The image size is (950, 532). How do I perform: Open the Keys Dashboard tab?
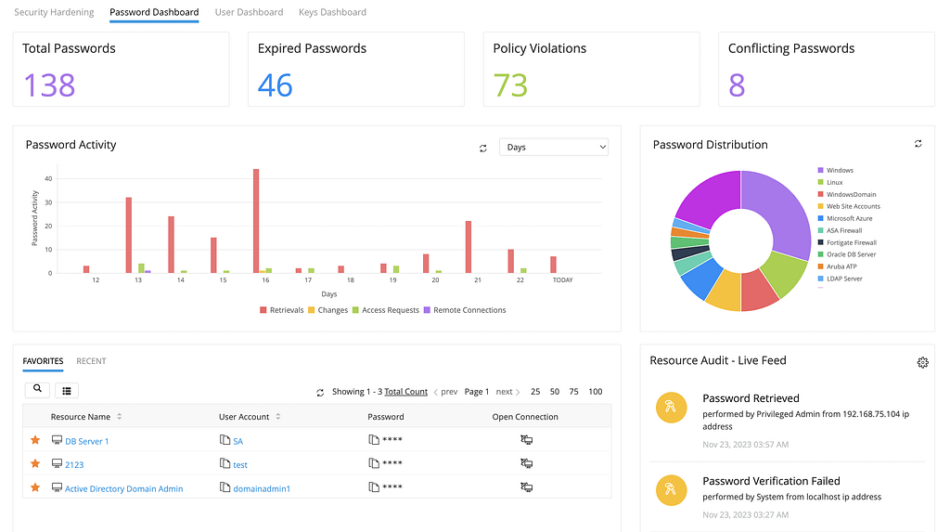(332, 12)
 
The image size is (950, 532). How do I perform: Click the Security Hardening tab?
(54, 12)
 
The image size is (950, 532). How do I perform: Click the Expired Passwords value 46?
(275, 84)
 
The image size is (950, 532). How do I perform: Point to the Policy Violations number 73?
(510, 84)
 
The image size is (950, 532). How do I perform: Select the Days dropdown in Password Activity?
(554, 147)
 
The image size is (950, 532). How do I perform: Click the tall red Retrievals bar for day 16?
(256, 221)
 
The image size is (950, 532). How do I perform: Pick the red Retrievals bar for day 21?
(469, 247)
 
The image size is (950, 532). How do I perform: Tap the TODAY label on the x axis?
(562, 280)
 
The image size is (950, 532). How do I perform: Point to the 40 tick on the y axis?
(48, 178)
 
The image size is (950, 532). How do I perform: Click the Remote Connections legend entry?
(465, 310)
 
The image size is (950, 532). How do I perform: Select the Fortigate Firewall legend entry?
(847, 242)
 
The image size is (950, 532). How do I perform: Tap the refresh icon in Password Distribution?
(918, 144)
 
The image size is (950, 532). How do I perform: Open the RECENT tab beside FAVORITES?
(91, 361)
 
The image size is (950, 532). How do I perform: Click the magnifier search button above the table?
(37, 389)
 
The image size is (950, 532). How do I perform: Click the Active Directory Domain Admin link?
(123, 489)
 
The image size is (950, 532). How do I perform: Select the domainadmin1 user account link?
(262, 489)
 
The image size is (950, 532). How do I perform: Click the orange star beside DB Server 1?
(35, 440)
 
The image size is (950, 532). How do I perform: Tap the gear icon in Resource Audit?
(923, 362)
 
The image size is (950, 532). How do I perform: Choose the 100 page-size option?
(595, 392)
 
